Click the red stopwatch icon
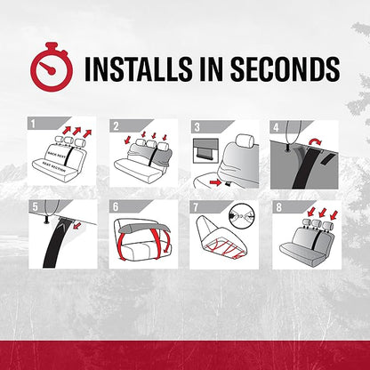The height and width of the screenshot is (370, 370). [52, 68]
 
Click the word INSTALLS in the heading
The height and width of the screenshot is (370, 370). [138, 68]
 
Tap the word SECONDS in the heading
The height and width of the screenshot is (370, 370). [286, 68]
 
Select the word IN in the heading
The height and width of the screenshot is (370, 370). [211, 68]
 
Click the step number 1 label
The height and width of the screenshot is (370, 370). [33, 124]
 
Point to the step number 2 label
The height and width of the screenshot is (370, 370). [116, 126]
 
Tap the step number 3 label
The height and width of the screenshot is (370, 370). [197, 127]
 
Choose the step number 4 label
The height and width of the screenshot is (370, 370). [276, 127]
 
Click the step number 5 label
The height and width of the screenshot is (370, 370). [35, 206]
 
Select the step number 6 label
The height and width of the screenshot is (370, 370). [116, 206]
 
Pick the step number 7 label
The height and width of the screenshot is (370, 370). [196, 207]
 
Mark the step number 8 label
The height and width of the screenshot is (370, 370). [278, 207]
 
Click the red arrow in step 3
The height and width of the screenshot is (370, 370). [215, 182]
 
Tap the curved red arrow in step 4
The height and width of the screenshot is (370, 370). [315, 141]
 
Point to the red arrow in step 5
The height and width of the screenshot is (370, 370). [76, 226]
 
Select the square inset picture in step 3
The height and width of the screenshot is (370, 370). [205, 150]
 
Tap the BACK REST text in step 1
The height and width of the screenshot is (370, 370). [57, 155]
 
